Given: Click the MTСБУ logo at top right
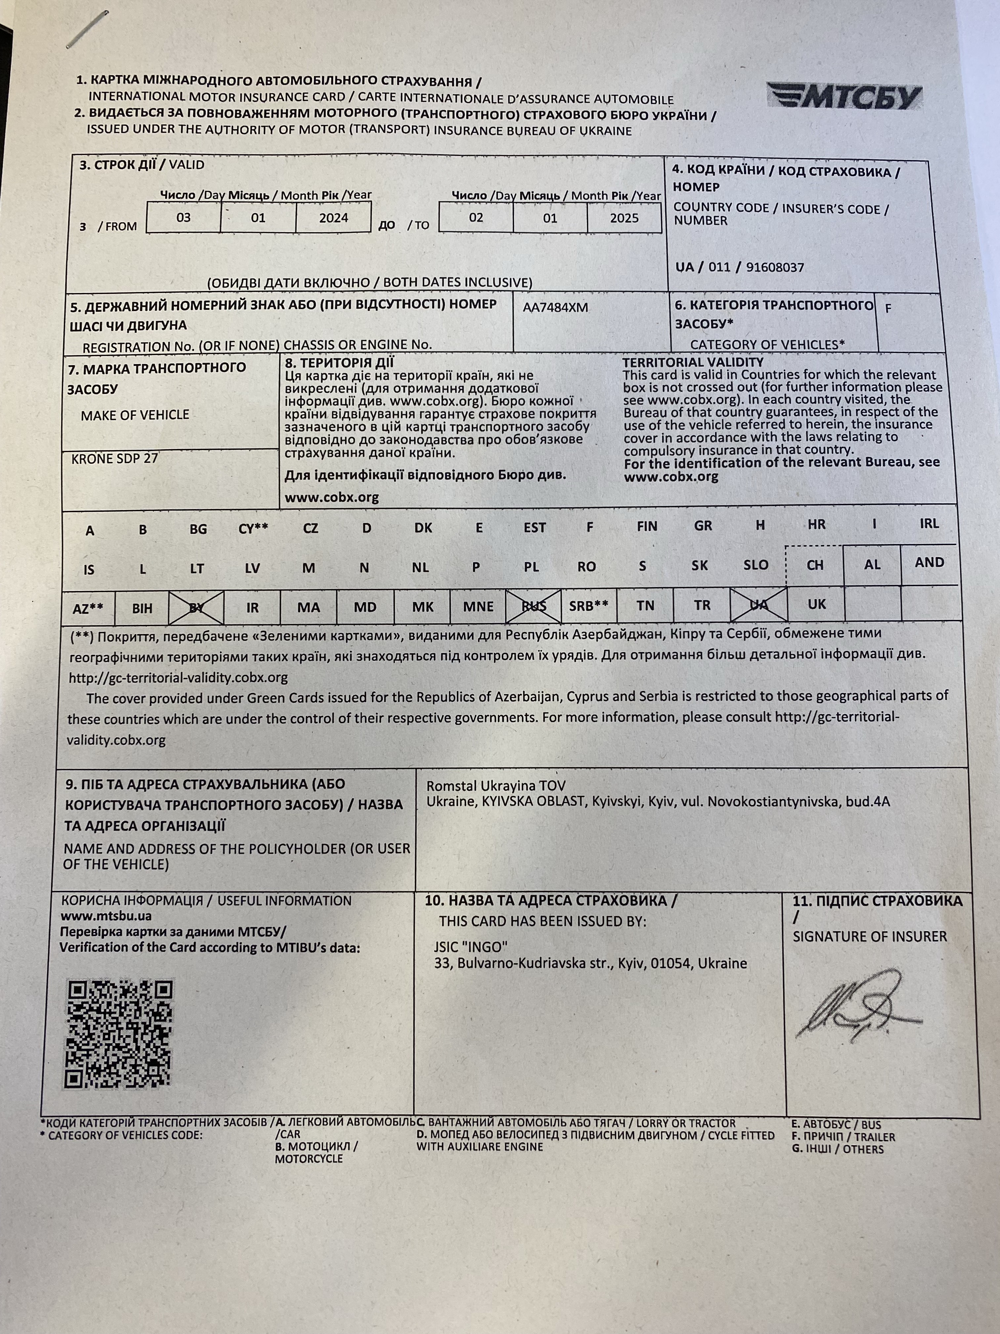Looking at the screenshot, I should [845, 97].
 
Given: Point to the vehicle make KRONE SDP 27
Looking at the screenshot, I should [114, 458].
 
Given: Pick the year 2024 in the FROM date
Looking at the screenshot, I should [333, 218].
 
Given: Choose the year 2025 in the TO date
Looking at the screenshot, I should [624, 218].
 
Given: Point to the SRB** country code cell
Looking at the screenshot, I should [588, 605].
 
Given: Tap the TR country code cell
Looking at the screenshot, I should [702, 605].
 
